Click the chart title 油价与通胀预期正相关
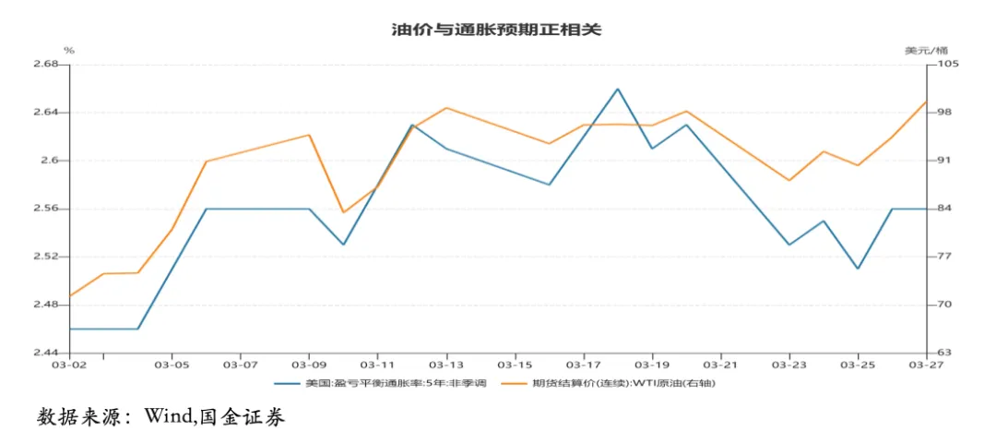click(497, 30)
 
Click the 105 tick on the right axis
click(949, 65)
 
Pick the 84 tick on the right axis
click(946, 209)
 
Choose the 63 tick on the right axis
click(946, 353)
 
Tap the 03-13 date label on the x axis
click(446, 366)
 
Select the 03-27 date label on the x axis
click(926, 366)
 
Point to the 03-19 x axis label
click(652, 366)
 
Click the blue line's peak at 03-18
click(618, 89)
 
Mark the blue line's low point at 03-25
click(858, 269)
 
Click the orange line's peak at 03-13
click(446, 108)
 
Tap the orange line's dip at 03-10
click(344, 212)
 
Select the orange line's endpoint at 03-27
click(926, 102)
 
